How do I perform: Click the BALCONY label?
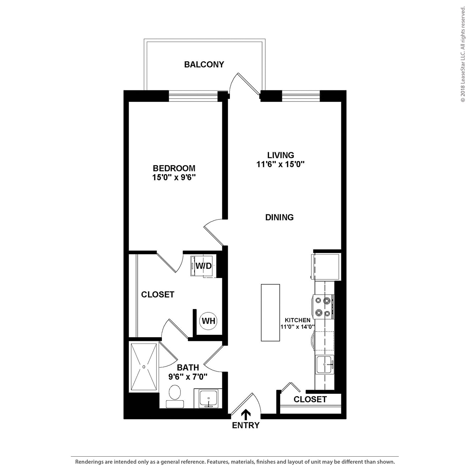tap(204, 64)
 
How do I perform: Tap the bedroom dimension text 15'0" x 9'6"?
tap(174, 178)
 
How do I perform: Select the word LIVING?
tap(281, 155)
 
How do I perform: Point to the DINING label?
tap(279, 217)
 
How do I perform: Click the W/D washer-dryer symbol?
tap(203, 266)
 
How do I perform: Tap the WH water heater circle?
tap(209, 321)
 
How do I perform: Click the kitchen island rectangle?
tap(270, 312)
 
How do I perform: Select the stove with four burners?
tap(323, 306)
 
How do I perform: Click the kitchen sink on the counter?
tap(325, 365)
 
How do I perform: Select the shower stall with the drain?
tap(144, 367)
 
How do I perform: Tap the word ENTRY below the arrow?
tap(246, 426)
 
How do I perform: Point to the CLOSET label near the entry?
tap(310, 399)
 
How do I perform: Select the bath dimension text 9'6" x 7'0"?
tap(188, 377)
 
